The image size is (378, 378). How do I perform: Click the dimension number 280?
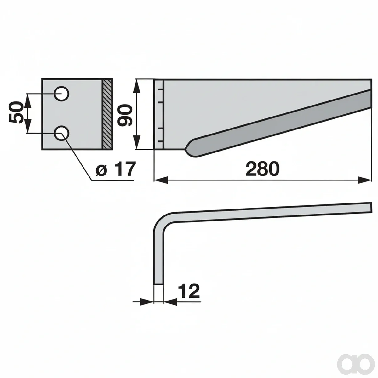click(x=262, y=169)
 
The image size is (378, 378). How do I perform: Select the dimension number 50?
click(x=15, y=112)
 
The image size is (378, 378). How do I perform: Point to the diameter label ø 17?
click(x=116, y=169)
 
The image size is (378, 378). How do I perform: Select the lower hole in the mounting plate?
click(x=62, y=133)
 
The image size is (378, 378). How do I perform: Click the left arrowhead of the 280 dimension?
click(x=161, y=180)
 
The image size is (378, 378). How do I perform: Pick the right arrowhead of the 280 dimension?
click(x=364, y=180)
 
